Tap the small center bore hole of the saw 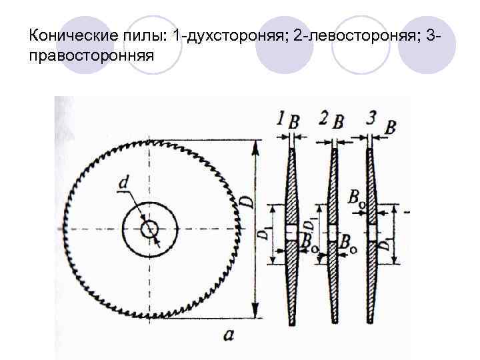click(x=149, y=229)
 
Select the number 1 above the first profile click(x=280, y=120)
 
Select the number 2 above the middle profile click(x=323, y=119)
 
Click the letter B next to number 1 click(x=294, y=121)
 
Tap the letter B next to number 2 click(x=338, y=121)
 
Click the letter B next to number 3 click(x=390, y=125)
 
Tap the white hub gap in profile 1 click(x=291, y=231)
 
